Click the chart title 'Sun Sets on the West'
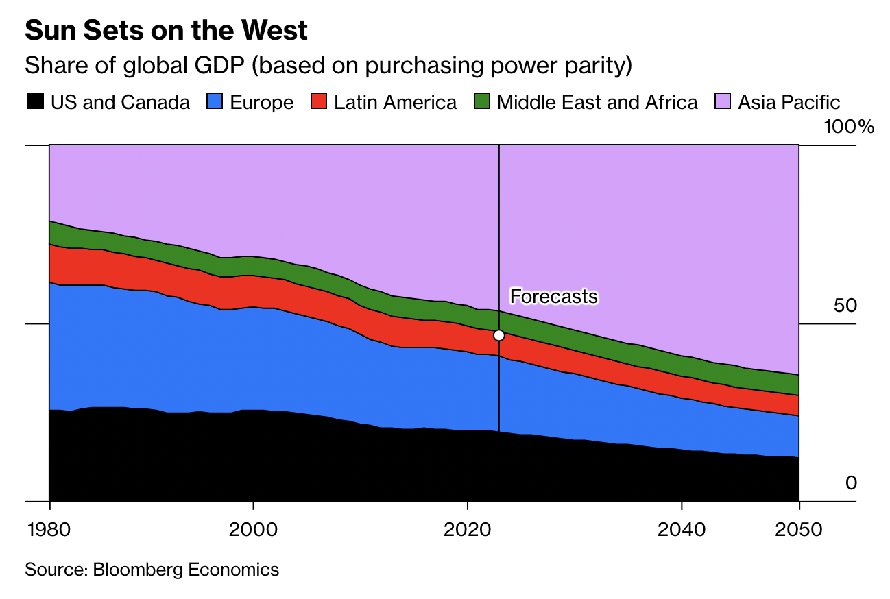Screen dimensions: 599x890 [166, 31]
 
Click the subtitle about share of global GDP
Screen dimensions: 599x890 [328, 66]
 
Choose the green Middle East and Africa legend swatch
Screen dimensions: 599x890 [483, 102]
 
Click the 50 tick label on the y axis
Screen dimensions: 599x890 [845, 306]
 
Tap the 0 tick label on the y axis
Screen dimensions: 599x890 [851, 483]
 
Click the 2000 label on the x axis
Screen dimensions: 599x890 [253, 529]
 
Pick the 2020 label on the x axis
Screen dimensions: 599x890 [467, 529]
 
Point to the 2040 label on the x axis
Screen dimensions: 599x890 [682, 529]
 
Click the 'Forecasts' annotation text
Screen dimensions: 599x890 [554, 297]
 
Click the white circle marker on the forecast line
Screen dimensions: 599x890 [499, 335]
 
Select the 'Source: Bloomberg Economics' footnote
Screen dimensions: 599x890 [152, 570]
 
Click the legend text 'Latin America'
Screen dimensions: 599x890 [395, 103]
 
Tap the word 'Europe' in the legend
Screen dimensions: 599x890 [262, 103]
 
